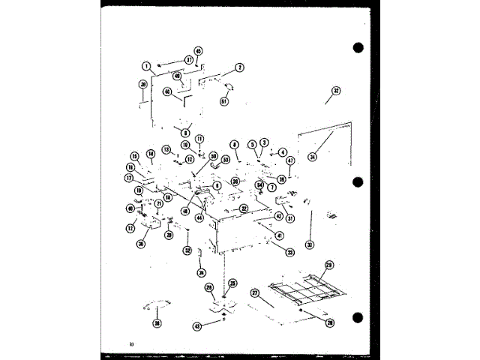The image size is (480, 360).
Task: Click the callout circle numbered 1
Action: (148, 65)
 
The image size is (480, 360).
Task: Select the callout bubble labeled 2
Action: (239, 67)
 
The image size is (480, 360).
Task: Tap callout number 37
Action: (189, 59)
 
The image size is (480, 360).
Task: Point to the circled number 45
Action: (198, 51)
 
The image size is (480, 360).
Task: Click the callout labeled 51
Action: (223, 101)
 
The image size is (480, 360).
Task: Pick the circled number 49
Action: (177, 75)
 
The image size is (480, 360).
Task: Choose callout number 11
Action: (200, 139)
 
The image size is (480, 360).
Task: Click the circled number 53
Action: (226, 160)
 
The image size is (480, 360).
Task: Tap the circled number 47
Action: (289, 160)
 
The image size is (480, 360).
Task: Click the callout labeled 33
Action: (308, 244)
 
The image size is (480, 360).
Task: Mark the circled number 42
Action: (279, 216)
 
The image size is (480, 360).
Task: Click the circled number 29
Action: (328, 265)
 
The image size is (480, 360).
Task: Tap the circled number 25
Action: (232, 283)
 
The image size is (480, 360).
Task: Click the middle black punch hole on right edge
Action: (358, 181)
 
